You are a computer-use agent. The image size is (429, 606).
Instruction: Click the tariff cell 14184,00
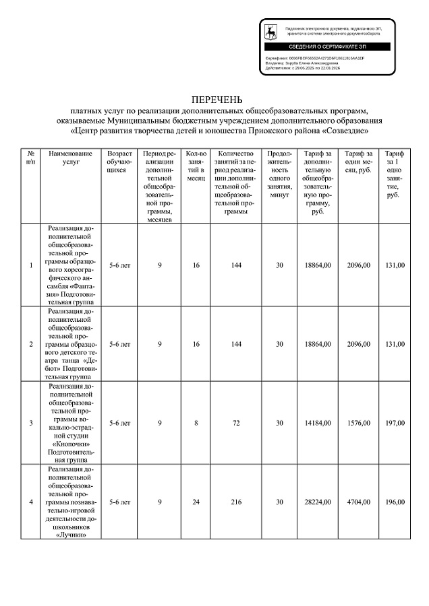pos(318,423)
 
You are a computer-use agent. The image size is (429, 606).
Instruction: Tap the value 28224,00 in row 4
pos(318,502)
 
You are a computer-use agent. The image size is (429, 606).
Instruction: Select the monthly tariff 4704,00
pos(357,502)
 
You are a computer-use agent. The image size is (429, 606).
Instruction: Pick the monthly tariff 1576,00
pos(357,423)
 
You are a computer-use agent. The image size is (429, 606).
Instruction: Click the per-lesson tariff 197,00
pos(395,423)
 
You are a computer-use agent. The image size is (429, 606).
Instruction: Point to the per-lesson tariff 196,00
pos(395,502)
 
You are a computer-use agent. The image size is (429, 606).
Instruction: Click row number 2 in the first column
pos(31,344)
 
